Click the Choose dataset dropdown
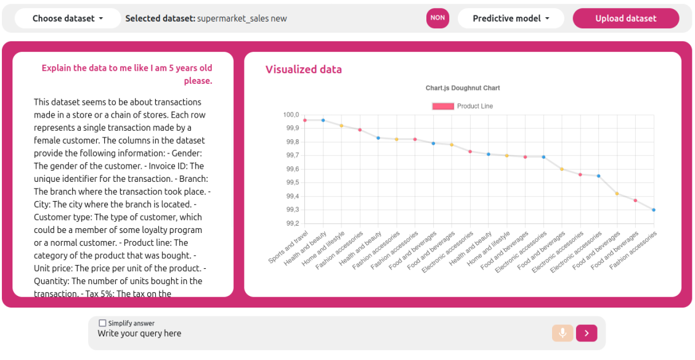coord(68,18)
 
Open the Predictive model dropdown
coord(511,18)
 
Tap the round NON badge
coord(437,18)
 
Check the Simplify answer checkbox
coord(103,323)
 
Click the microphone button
coord(563,333)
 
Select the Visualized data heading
coord(303,69)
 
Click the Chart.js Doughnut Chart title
coord(463,88)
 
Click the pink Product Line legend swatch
coord(443,106)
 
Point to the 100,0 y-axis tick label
coord(291,115)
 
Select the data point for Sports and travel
coord(305,120)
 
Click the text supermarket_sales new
coord(242,18)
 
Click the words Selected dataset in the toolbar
coord(160,18)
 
